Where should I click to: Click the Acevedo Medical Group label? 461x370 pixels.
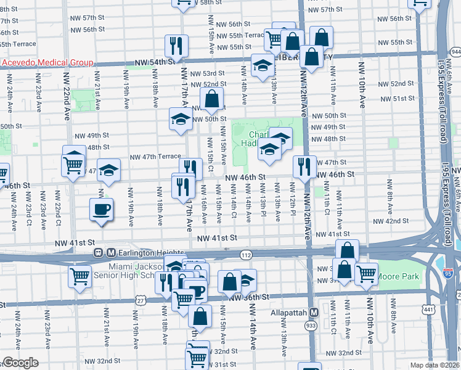(46, 62)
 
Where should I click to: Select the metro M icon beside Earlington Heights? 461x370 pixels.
(112, 252)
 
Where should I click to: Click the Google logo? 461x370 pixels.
(20, 363)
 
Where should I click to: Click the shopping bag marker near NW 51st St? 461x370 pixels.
(211, 98)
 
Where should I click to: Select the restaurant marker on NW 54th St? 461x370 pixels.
(176, 45)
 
